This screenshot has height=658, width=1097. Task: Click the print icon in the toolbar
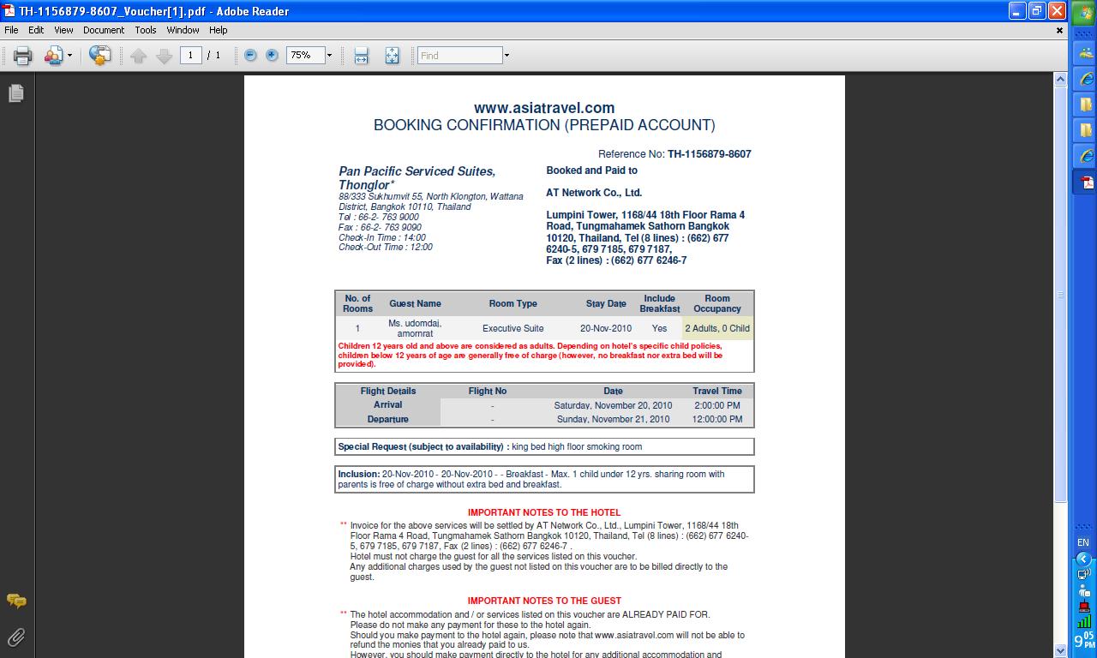pyautogui.click(x=22, y=56)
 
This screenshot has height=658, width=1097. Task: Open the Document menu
pyautogui.click(x=104, y=30)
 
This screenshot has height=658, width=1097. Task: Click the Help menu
pyautogui.click(x=219, y=30)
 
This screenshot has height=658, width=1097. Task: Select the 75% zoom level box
pyautogui.click(x=303, y=56)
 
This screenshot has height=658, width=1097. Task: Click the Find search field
pyautogui.click(x=459, y=56)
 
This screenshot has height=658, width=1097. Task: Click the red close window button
pyautogui.click(x=1057, y=11)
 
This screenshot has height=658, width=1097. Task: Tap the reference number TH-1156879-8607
pyautogui.click(x=709, y=154)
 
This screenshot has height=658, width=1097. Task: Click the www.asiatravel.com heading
pyautogui.click(x=544, y=108)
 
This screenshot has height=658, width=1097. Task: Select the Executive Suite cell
pyautogui.click(x=513, y=328)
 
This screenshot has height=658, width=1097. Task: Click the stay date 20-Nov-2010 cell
pyautogui.click(x=606, y=328)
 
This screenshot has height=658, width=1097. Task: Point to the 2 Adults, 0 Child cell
pyautogui.click(x=717, y=328)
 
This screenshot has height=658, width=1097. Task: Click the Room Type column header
pyautogui.click(x=513, y=303)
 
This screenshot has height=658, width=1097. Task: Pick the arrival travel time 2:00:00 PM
pyautogui.click(x=717, y=405)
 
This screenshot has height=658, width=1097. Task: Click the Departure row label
pyautogui.click(x=387, y=419)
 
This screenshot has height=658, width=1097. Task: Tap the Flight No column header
pyautogui.click(x=488, y=391)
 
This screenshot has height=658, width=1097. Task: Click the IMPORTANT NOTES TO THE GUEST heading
pyautogui.click(x=544, y=601)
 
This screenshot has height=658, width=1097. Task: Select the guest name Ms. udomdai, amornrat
pyautogui.click(x=415, y=328)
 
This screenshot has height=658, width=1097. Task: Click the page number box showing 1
pyautogui.click(x=190, y=56)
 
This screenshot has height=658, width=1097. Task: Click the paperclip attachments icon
pyautogui.click(x=16, y=637)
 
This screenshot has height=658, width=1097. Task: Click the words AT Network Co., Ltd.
pyautogui.click(x=594, y=193)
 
